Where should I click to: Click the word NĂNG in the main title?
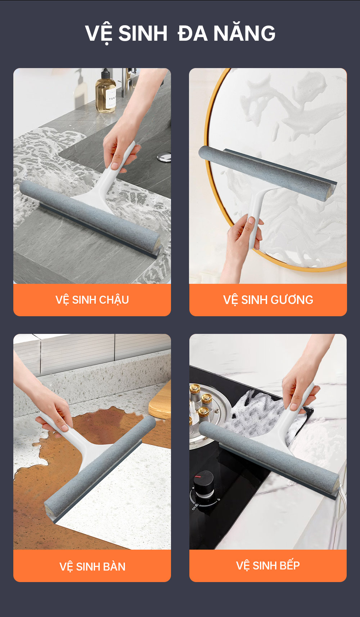coord(244,33)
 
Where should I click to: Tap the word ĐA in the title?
coord(193,33)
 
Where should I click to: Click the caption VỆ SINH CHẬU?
coord(92,300)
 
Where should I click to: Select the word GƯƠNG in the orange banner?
coord(292,300)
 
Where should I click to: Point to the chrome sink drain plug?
coord(164,157)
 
